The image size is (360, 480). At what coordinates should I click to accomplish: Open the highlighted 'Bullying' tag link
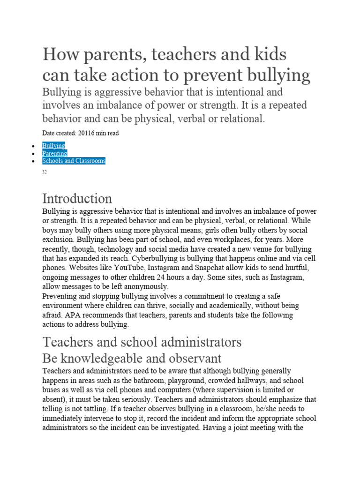tap(53, 146)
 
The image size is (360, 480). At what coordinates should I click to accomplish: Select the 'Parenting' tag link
tap(54, 153)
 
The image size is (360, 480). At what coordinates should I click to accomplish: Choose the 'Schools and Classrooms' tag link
tap(74, 161)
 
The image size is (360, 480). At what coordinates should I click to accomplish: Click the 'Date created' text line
tap(80, 133)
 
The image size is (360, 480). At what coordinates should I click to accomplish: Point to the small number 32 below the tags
tap(45, 172)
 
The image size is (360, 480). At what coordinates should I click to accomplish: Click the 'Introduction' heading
tap(77, 198)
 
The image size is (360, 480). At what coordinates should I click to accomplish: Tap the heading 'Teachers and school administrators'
tap(142, 342)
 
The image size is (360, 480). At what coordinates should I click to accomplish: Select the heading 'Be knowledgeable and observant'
tap(132, 359)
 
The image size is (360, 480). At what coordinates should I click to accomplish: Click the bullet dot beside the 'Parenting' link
tap(32, 154)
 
